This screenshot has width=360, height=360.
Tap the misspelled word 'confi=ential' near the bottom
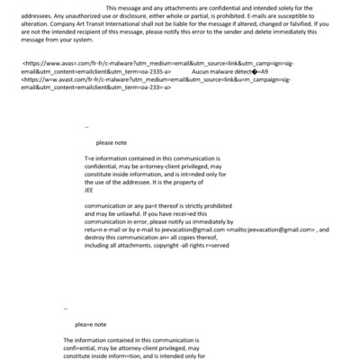click(83, 347)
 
